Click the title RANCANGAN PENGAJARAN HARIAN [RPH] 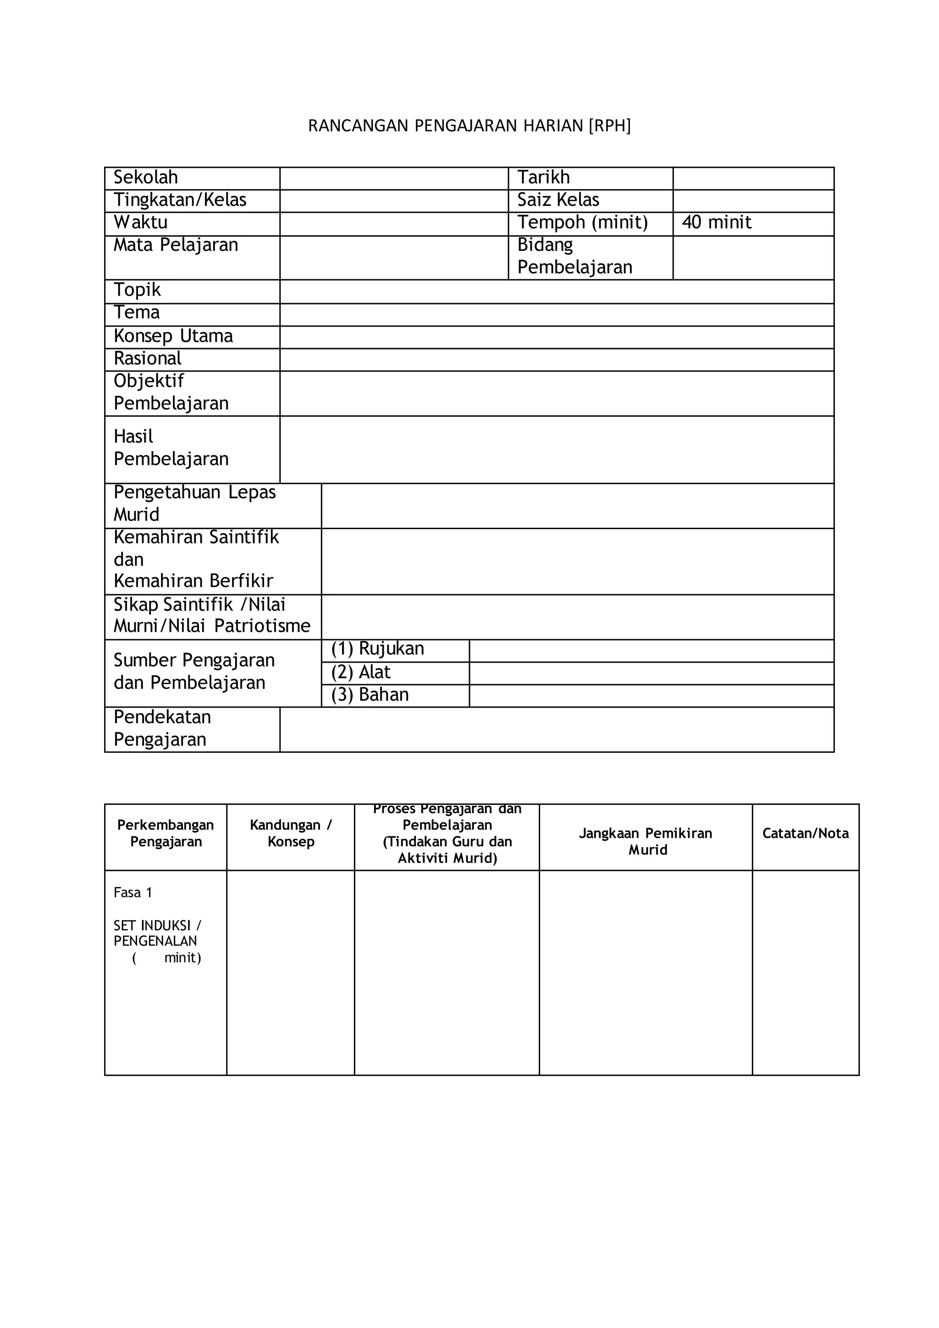[x=469, y=126]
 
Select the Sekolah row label [x=146, y=177]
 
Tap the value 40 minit [x=716, y=222]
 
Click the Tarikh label [x=543, y=177]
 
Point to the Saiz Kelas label [x=558, y=199]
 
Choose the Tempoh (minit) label [x=582, y=222]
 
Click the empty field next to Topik [x=556, y=291]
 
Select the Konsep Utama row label [x=173, y=336]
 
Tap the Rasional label [x=148, y=359]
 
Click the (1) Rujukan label [x=377, y=649]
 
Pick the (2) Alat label [x=361, y=672]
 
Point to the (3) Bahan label [x=370, y=695]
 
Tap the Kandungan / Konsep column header [x=291, y=834]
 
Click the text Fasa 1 [x=133, y=892]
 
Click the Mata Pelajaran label [x=176, y=245]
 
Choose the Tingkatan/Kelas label [x=180, y=199]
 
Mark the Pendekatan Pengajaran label [x=162, y=728]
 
